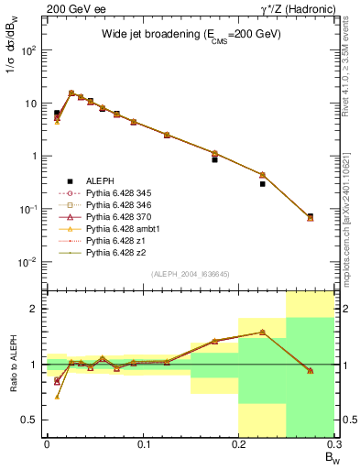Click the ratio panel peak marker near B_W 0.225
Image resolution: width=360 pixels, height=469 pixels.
tap(262, 333)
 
